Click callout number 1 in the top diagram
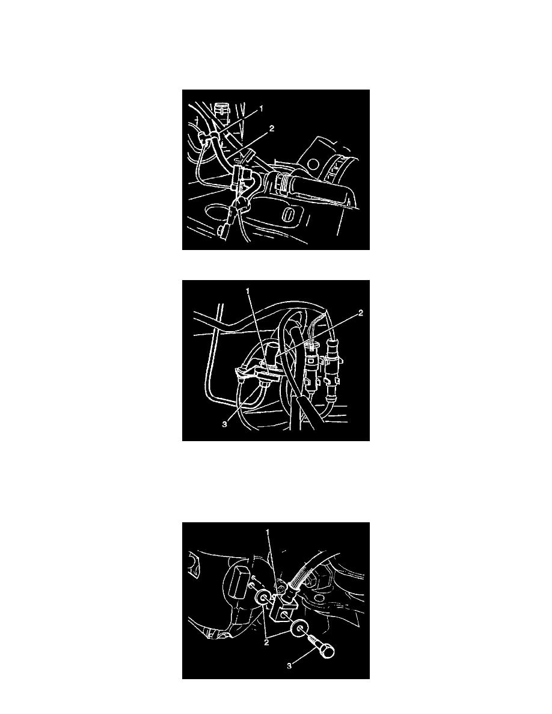(x=261, y=109)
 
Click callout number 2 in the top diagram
(x=271, y=129)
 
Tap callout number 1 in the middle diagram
(x=248, y=291)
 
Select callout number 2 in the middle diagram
(x=361, y=313)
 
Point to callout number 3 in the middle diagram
(x=224, y=425)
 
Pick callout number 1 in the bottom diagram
(x=268, y=532)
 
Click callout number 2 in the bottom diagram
(x=266, y=643)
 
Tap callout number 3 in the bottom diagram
(x=289, y=667)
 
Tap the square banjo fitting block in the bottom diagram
(x=283, y=608)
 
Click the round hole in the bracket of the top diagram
(x=313, y=163)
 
